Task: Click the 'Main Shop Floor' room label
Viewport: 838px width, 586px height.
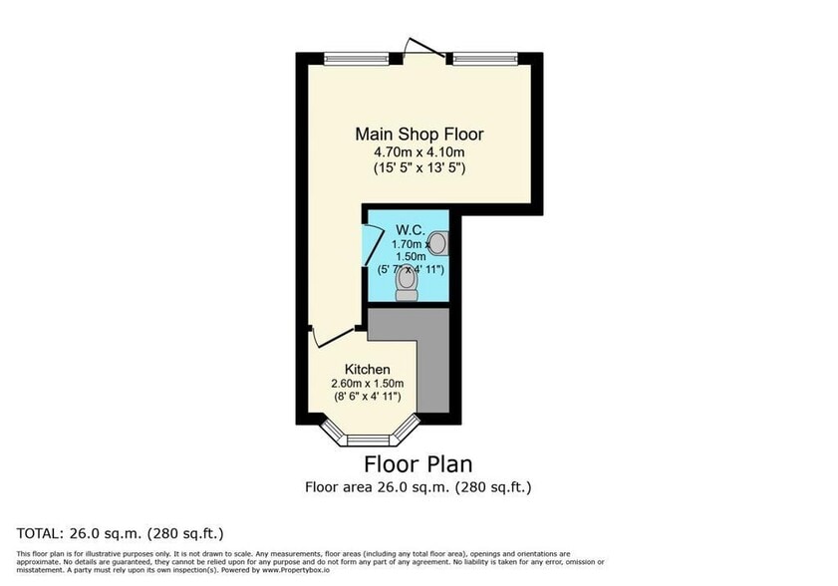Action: pyautogui.click(x=419, y=134)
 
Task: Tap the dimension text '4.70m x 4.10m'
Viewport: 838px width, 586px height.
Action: pyautogui.click(x=419, y=151)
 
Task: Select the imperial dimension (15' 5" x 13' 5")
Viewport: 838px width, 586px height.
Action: pyautogui.click(x=419, y=168)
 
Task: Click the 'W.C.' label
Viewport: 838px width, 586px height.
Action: pyautogui.click(x=409, y=228)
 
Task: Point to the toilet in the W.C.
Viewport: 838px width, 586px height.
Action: pyautogui.click(x=406, y=285)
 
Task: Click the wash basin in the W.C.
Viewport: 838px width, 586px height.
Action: pyautogui.click(x=439, y=242)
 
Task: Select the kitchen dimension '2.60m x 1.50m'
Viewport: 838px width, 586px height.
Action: pyautogui.click(x=368, y=383)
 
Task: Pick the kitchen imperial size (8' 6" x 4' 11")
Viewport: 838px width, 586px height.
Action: pyautogui.click(x=368, y=397)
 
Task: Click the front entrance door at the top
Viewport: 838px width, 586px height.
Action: pyautogui.click(x=419, y=46)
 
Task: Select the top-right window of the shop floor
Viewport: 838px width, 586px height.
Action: pyautogui.click(x=484, y=58)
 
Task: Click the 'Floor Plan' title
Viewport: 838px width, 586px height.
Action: pyautogui.click(x=418, y=463)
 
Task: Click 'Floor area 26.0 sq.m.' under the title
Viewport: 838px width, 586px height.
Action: pyautogui.click(x=379, y=487)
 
